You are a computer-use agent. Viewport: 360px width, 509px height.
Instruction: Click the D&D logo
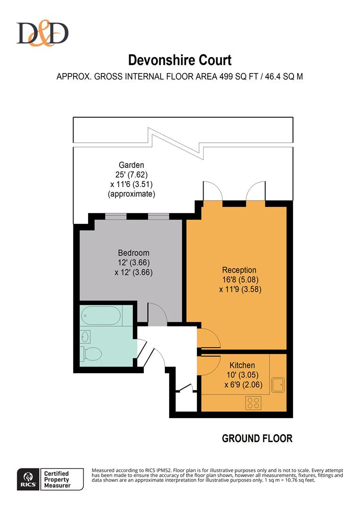pos(42,33)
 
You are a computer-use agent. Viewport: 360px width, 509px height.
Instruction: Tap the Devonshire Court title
pos(180,60)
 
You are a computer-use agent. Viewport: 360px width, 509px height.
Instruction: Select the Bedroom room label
pos(133,253)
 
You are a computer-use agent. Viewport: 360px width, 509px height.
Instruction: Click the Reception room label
pos(239,270)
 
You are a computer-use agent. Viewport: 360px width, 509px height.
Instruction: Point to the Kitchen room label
pos(242,365)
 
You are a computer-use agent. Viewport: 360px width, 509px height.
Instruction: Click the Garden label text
pos(131,165)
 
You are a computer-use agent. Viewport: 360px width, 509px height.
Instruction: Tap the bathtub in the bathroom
pos(100,315)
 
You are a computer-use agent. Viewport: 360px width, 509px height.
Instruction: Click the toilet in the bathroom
pos(90,353)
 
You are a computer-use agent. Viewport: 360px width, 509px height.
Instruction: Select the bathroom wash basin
pos(85,336)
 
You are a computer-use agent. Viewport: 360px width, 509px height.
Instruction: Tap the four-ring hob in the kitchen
pos(254,403)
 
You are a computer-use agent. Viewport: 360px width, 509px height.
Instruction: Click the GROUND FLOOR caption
pos(257,438)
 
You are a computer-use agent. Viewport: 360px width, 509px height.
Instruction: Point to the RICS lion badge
pos(27,479)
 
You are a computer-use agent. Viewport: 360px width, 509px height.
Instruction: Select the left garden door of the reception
pos(211,192)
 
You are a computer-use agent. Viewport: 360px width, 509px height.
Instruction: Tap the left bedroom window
pos(115,216)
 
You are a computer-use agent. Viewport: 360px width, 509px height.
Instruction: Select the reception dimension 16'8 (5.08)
pos(239,280)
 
